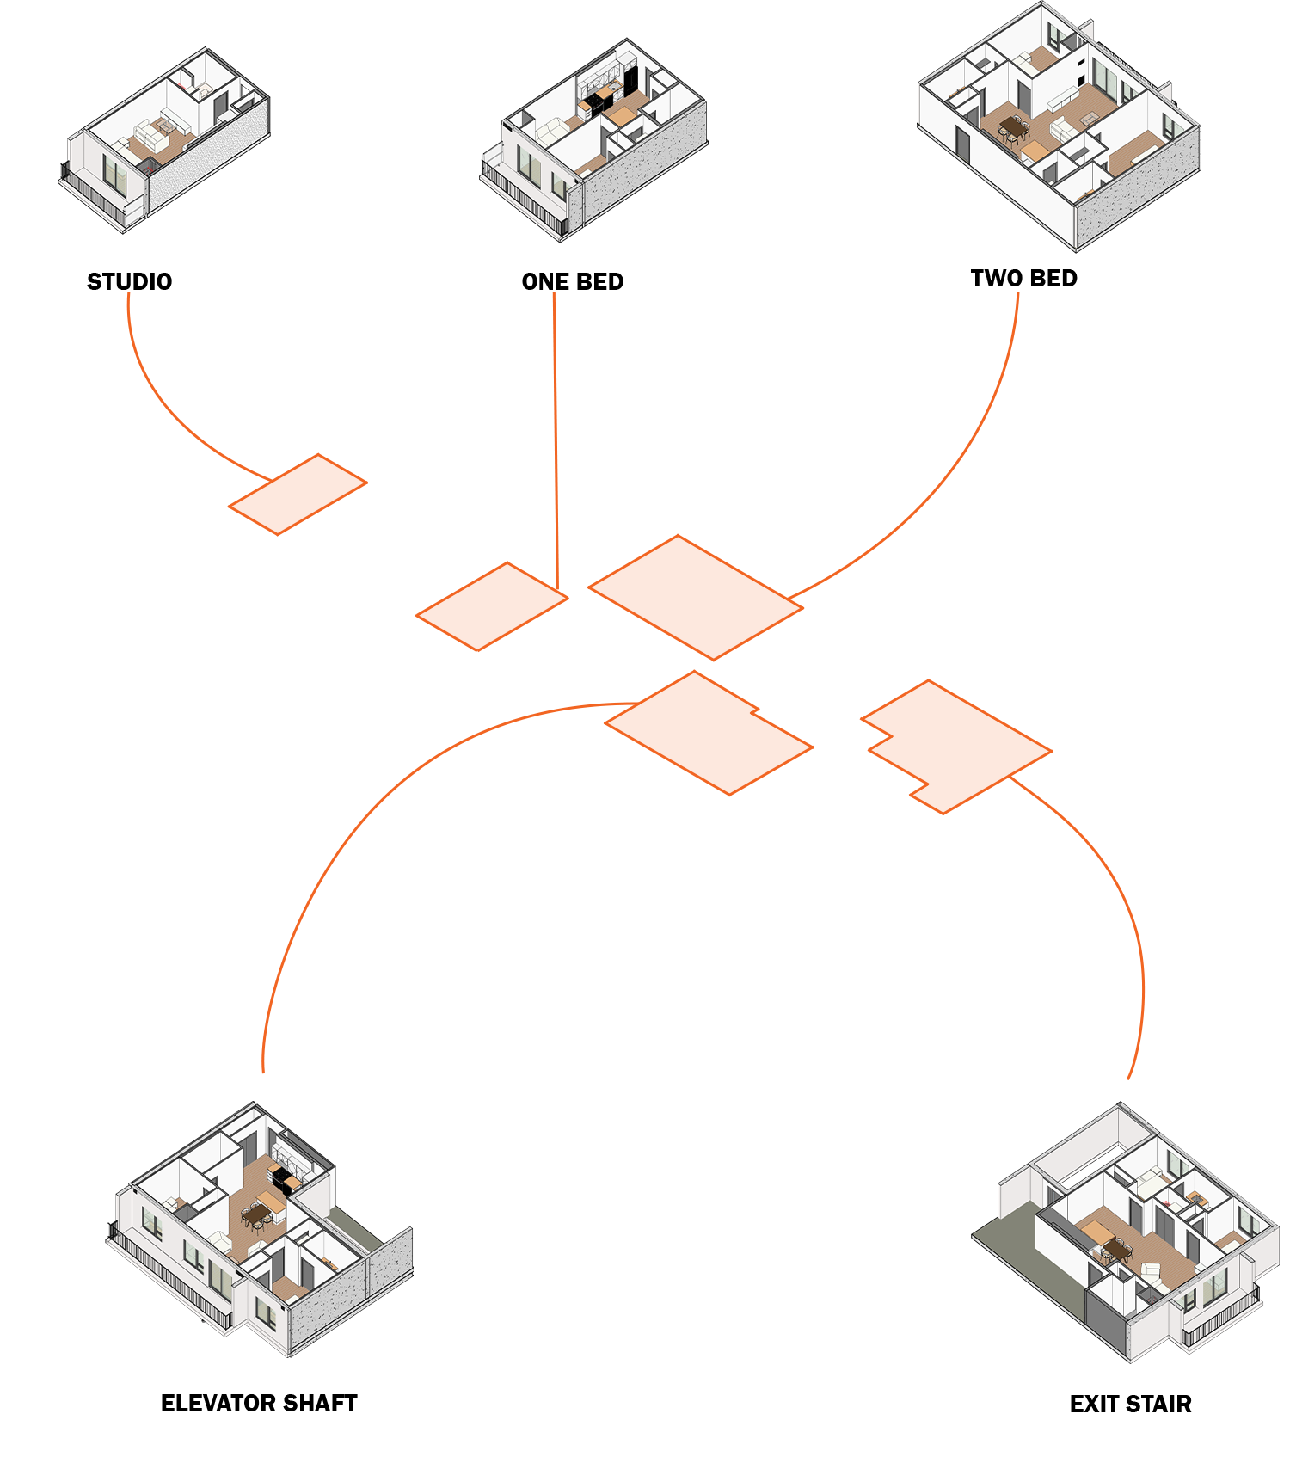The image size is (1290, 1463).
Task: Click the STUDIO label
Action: point(129,281)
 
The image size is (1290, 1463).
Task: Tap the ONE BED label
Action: point(572,281)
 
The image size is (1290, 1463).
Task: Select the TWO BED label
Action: point(1023,278)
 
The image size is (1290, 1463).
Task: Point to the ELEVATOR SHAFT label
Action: point(259,1403)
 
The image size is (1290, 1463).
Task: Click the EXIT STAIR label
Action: point(1130,1404)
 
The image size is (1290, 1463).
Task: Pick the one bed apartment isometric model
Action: point(593,138)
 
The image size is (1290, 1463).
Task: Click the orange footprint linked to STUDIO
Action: point(298,495)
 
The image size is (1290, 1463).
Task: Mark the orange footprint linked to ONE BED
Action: point(492,606)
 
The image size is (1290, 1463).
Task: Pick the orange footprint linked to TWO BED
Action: point(695,597)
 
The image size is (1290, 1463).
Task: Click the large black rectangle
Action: point(636,980)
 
